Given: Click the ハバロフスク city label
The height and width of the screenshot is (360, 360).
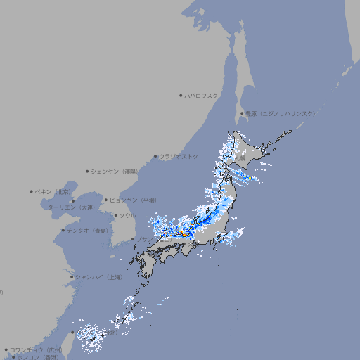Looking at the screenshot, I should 202,95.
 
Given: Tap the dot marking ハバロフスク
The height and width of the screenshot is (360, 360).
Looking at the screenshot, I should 181,95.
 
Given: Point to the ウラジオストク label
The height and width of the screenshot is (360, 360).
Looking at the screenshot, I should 179,156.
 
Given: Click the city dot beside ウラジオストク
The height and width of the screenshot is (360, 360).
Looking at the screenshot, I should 155,156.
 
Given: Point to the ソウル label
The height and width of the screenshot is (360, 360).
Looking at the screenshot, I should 127,215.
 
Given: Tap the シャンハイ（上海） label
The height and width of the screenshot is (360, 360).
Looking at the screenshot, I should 98,277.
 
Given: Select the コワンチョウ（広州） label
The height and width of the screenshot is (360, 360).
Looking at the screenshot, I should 36,349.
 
